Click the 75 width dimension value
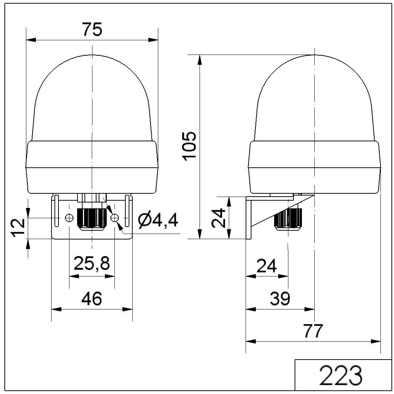coord(92,30)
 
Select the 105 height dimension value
coord(190,146)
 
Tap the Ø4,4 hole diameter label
coord(158,220)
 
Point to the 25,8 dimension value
coord(92,263)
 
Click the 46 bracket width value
coord(91,299)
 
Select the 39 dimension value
coord(280,299)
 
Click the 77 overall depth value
coord(313,331)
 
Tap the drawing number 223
coord(341,375)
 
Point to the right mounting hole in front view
coord(115,218)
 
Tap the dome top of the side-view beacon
coord(314,59)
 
